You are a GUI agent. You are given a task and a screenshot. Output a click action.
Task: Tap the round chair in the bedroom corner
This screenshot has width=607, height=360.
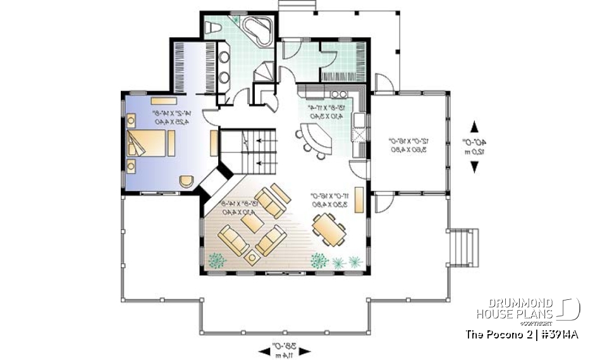tap(185, 180)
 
